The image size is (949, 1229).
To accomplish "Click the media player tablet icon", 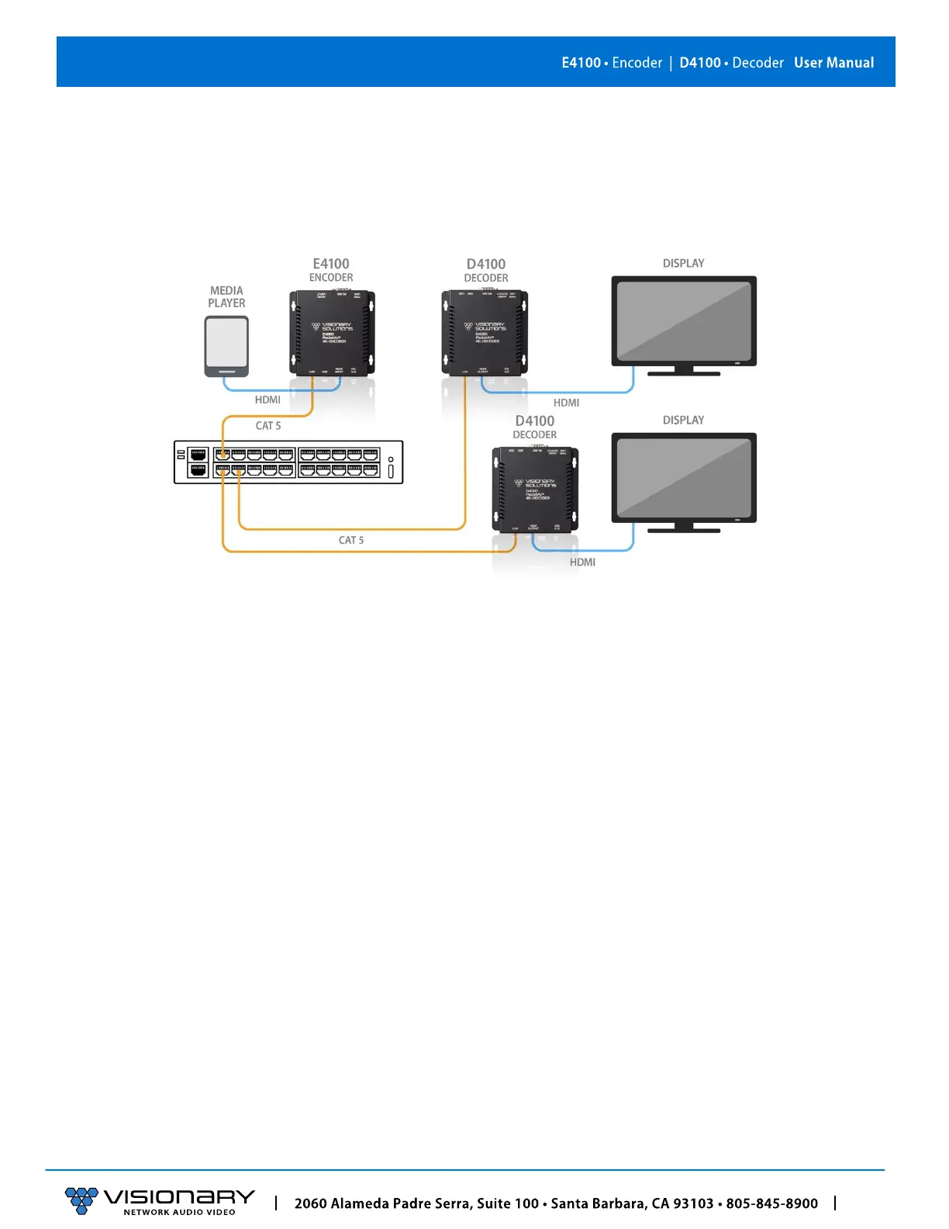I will [x=226, y=346].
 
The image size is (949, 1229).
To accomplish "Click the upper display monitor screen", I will [x=683, y=320].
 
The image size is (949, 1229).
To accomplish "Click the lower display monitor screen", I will [x=683, y=476].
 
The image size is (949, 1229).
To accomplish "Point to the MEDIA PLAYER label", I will [x=226, y=297].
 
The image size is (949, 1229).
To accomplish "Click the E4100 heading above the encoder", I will [x=331, y=264].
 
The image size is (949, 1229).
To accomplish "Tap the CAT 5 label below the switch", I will [x=351, y=540].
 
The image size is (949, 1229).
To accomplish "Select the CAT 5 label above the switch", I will [x=268, y=426].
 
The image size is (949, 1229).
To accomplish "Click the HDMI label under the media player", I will [x=267, y=400].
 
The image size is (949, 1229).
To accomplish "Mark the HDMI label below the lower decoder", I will [x=582, y=563].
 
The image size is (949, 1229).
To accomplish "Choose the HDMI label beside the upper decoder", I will [x=566, y=403].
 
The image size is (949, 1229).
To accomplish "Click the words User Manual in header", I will [x=833, y=63].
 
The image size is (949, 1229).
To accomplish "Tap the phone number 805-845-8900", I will [x=771, y=1203].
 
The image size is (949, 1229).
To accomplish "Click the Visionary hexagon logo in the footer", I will [x=81, y=1200].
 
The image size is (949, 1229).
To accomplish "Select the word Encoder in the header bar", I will [x=637, y=63].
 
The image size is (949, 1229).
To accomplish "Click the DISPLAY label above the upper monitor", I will [x=683, y=264].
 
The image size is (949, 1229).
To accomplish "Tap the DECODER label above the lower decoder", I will [x=534, y=435].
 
